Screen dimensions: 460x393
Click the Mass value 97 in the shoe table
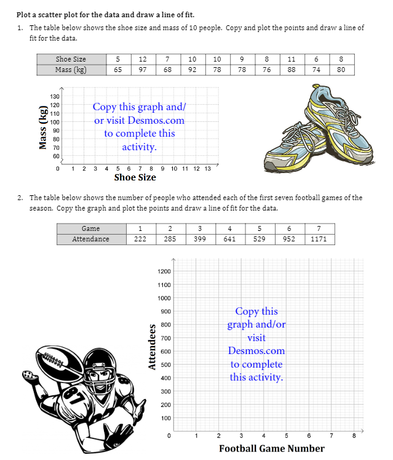tap(143, 70)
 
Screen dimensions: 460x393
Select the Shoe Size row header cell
tap(71, 59)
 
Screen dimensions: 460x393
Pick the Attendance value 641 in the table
tap(229, 239)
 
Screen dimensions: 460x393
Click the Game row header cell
tap(90, 228)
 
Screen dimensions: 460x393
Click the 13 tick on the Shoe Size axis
tap(207, 168)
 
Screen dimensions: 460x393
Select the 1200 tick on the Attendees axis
tap(164, 272)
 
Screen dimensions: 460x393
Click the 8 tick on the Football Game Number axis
tap(354, 437)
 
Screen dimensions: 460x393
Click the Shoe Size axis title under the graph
tap(135, 177)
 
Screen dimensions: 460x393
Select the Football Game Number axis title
tap(271, 448)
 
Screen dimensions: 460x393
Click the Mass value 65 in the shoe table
tap(117, 70)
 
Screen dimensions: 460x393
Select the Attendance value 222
tap(140, 239)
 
